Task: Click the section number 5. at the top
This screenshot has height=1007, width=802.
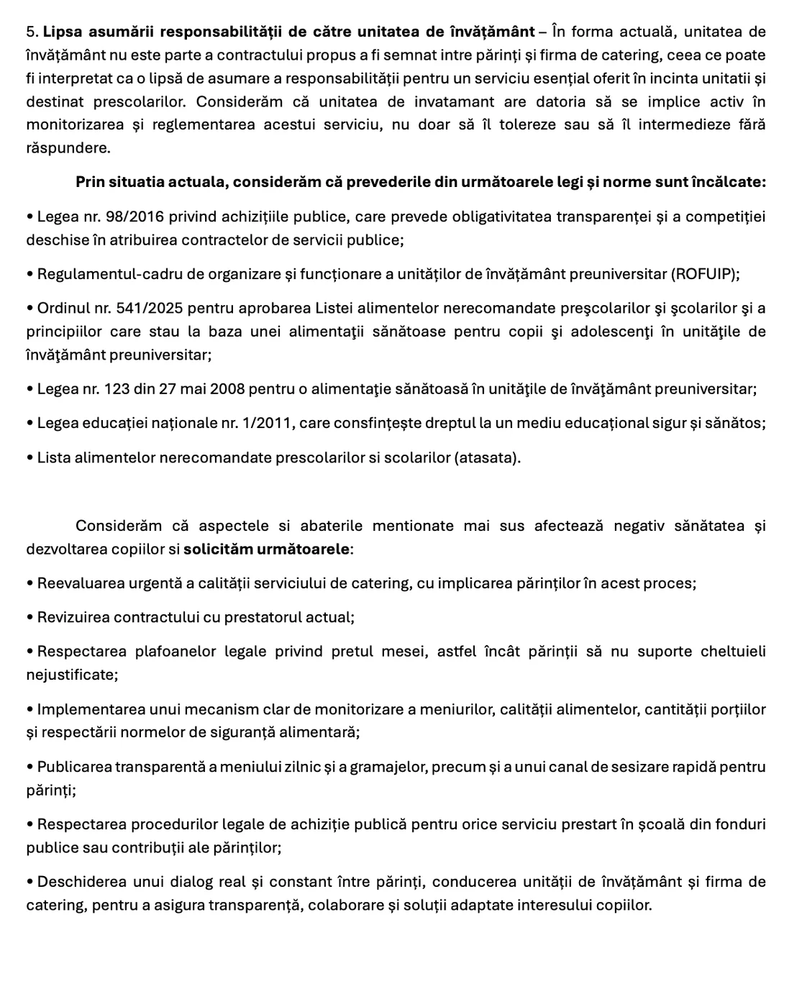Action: tap(32, 32)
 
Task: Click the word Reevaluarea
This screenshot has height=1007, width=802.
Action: tap(80, 584)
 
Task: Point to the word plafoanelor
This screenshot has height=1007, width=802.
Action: tap(176, 652)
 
